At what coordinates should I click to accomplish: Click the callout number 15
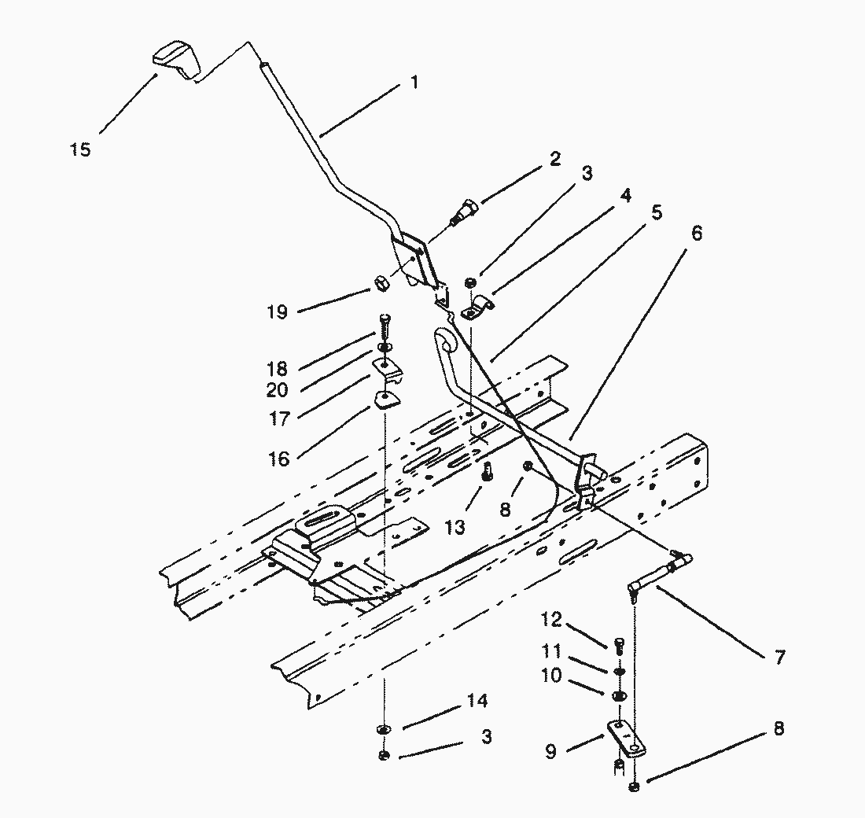click(80, 149)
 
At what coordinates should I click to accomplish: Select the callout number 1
click(414, 81)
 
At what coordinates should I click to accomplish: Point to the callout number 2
click(555, 158)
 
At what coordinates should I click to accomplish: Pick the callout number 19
click(277, 311)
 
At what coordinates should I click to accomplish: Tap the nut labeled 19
click(381, 281)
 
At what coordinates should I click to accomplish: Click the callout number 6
click(696, 234)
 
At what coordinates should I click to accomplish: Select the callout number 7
click(778, 658)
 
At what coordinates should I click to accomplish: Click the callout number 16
click(280, 459)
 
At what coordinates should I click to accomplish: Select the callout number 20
click(277, 389)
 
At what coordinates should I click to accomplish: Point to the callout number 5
click(657, 212)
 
